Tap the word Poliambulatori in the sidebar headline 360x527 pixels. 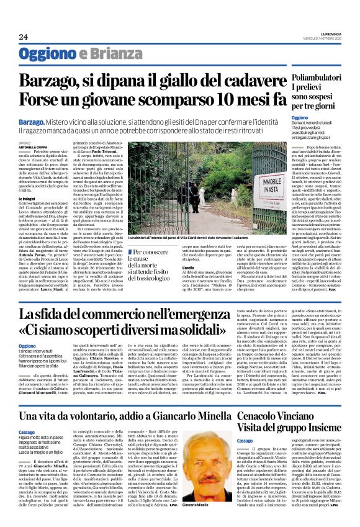click(x=317, y=76)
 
